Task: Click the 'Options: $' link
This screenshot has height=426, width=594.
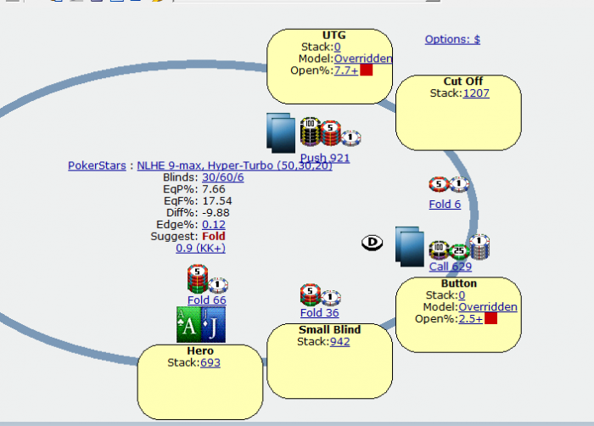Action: point(452,39)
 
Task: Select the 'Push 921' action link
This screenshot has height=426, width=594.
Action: point(324,158)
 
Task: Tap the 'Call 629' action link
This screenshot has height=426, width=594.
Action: point(450,266)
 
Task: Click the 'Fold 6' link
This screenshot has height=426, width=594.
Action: point(445,205)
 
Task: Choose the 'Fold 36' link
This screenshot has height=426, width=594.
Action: point(319,313)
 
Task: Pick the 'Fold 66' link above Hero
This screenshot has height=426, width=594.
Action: point(206,300)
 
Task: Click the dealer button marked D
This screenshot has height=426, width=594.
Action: point(373,244)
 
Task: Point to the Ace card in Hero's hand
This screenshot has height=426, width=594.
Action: point(189,324)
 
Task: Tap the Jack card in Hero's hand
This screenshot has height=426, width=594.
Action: point(213,324)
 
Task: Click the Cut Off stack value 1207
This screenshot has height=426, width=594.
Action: point(476,92)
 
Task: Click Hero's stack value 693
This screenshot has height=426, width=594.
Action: point(210,362)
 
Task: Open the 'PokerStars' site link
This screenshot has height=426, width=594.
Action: point(97,165)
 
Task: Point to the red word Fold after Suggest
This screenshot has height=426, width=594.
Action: point(214,236)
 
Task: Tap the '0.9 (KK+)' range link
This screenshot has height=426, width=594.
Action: point(200,248)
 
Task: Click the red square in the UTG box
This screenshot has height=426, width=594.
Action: point(367,70)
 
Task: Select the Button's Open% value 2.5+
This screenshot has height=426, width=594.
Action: point(471,318)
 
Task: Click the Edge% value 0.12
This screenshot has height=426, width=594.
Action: point(213,224)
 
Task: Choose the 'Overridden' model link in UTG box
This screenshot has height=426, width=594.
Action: point(362,59)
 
